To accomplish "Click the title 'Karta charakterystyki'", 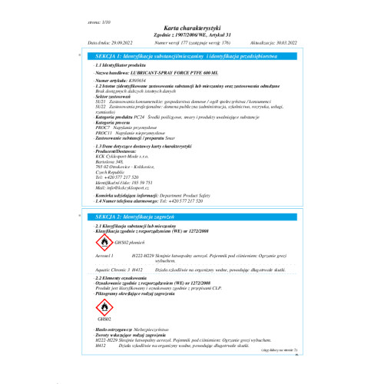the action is pyautogui.click(x=192, y=26).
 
